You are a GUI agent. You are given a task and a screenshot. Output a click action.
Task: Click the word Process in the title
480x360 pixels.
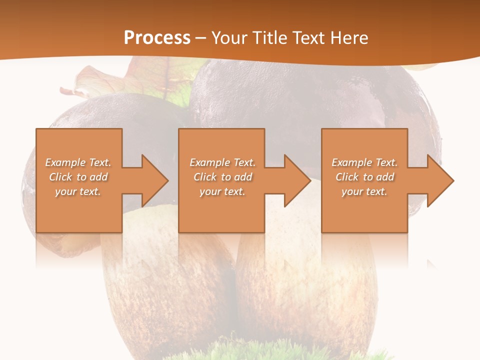[157, 37]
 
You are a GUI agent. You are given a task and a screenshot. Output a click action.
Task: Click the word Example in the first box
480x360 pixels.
[65, 162]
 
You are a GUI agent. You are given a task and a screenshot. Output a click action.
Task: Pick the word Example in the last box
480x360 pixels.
[352, 162]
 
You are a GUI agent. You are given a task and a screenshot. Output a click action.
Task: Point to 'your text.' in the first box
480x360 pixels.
[78, 191]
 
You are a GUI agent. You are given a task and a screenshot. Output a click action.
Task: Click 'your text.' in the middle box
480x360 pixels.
[222, 191]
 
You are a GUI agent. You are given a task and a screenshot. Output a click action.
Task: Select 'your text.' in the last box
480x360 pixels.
[364, 191]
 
